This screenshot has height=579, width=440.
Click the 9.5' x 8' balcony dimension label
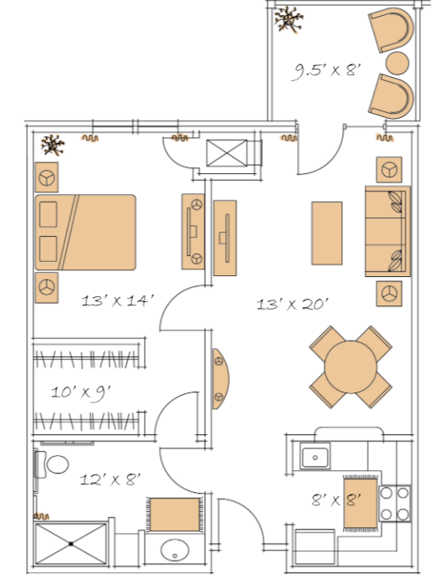[326, 70]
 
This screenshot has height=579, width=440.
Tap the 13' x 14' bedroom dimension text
[117, 300]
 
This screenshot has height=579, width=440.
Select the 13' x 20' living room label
[292, 305]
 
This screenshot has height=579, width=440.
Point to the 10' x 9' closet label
[81, 392]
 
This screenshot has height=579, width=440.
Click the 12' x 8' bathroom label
[110, 479]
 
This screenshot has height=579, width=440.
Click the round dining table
[350, 367]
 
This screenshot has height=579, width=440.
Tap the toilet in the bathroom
[52, 464]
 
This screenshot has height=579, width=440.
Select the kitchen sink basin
[315, 456]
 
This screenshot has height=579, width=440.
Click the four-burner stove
[395, 504]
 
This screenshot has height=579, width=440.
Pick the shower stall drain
[71, 544]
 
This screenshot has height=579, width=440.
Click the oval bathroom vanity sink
[175, 550]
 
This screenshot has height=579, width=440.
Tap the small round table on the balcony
[397, 63]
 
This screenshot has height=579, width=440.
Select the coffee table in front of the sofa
[327, 233]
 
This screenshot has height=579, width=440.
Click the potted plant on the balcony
[289, 19]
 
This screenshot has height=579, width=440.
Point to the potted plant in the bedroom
[53, 145]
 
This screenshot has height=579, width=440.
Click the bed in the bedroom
[85, 233]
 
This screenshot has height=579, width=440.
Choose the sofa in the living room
[387, 231]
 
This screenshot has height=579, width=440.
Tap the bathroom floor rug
[175, 515]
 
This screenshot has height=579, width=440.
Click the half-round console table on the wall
[220, 378]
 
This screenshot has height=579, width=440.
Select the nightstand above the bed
[47, 177]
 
